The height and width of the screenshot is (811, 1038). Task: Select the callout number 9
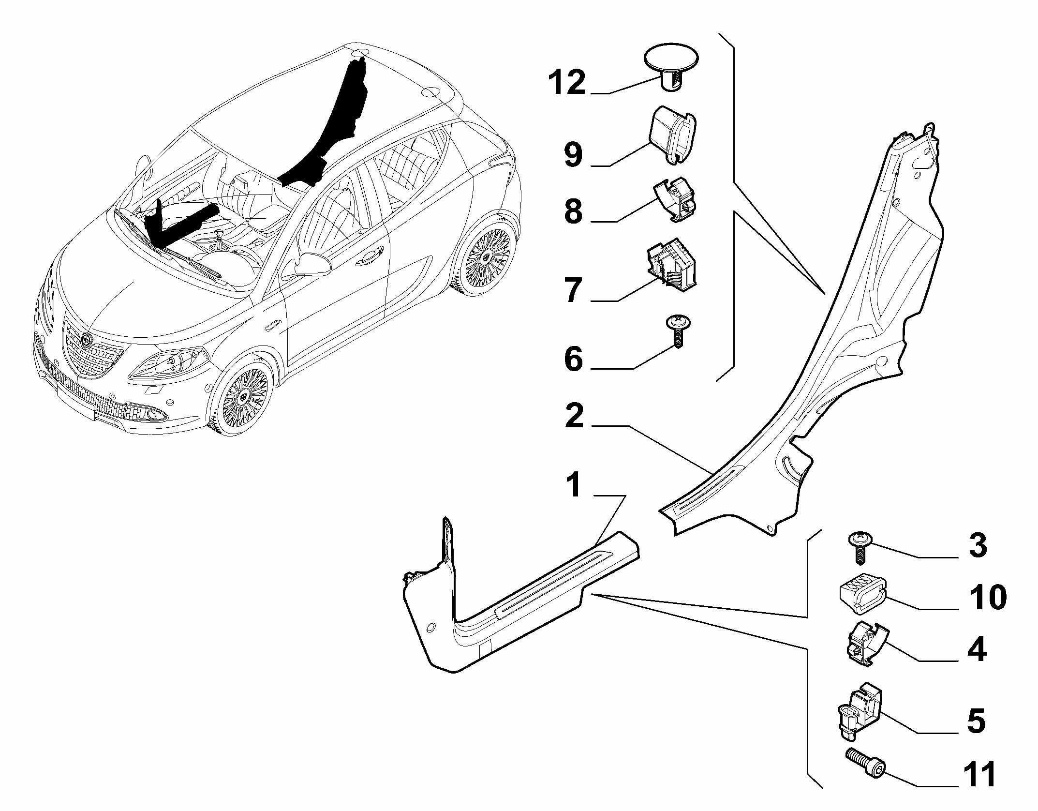coord(573,155)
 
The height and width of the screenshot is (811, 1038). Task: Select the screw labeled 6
coord(678,332)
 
